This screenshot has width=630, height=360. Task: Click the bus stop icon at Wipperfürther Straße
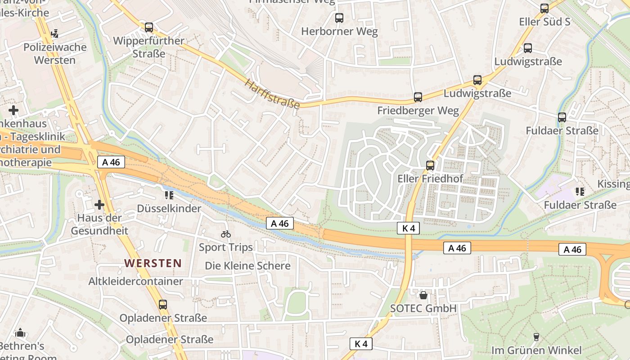[149, 27]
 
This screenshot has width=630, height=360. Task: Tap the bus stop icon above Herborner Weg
[339, 18]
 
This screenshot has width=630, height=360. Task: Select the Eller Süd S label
[544, 22]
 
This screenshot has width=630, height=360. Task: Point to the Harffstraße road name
[272, 94]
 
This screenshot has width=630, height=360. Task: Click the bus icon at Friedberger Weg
[418, 97]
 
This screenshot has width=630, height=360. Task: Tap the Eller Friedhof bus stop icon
[430, 165]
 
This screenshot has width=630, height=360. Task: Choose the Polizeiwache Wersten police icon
[55, 33]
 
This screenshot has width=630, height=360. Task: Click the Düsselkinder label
[169, 208]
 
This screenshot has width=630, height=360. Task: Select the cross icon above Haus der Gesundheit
[99, 205]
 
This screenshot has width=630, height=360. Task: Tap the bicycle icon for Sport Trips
[226, 234]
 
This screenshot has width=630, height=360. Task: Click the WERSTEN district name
[153, 263]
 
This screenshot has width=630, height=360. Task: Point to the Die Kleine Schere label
[247, 265]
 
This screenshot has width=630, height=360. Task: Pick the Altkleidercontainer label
[135, 281]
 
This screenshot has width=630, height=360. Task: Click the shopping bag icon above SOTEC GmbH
[423, 295]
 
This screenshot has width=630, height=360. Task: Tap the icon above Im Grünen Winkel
[536, 337]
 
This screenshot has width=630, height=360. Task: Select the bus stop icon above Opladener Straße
[163, 305]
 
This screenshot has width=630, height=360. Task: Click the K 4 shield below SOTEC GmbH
[361, 344]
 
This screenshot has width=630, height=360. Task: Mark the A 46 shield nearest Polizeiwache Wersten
[111, 162]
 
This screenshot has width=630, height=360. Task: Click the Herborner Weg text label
[339, 31]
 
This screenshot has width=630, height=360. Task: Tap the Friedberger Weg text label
[418, 111]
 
